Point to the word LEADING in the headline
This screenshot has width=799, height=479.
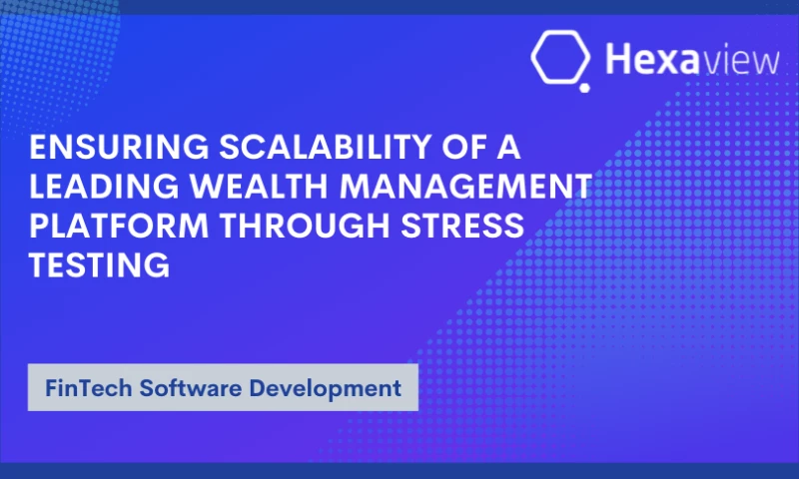click(100, 187)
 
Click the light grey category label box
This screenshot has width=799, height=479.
click(222, 387)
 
